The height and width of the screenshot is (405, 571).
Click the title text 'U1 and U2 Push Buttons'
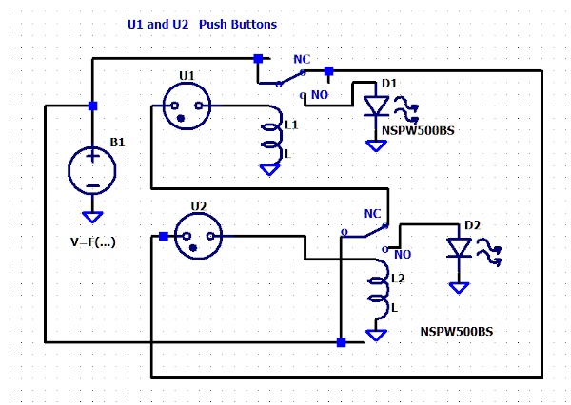coord(202,25)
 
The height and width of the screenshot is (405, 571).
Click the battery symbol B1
coord(92,171)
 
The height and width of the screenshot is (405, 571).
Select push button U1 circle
coord(187,106)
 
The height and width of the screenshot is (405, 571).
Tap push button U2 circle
coord(199,236)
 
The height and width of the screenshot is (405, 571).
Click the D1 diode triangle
coord(376,106)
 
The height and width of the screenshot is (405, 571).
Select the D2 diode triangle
coord(459,248)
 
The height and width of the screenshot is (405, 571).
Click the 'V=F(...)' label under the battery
coord(93,242)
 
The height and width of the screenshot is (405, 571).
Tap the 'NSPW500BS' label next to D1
coord(418,130)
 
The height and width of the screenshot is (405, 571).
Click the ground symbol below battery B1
coord(92,218)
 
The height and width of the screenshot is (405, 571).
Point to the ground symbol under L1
coord(270,170)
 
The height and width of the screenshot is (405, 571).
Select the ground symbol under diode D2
coord(459,288)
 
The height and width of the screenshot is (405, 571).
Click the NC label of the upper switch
coord(302,59)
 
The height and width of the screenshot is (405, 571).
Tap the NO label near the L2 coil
coord(403,255)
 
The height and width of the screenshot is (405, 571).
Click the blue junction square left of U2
coord(164,237)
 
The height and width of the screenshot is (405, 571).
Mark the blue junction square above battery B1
coord(93,106)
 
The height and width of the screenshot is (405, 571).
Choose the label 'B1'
coord(117,143)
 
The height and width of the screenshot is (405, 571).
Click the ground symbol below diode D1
coord(376,145)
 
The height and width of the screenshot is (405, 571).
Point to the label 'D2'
coord(472,225)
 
